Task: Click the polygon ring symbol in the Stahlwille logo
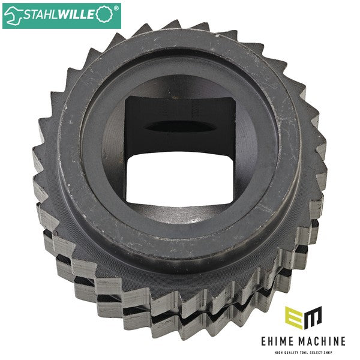coord(104,14)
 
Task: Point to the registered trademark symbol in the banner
coord(116,8)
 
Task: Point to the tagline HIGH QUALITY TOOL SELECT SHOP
coord(303,352)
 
